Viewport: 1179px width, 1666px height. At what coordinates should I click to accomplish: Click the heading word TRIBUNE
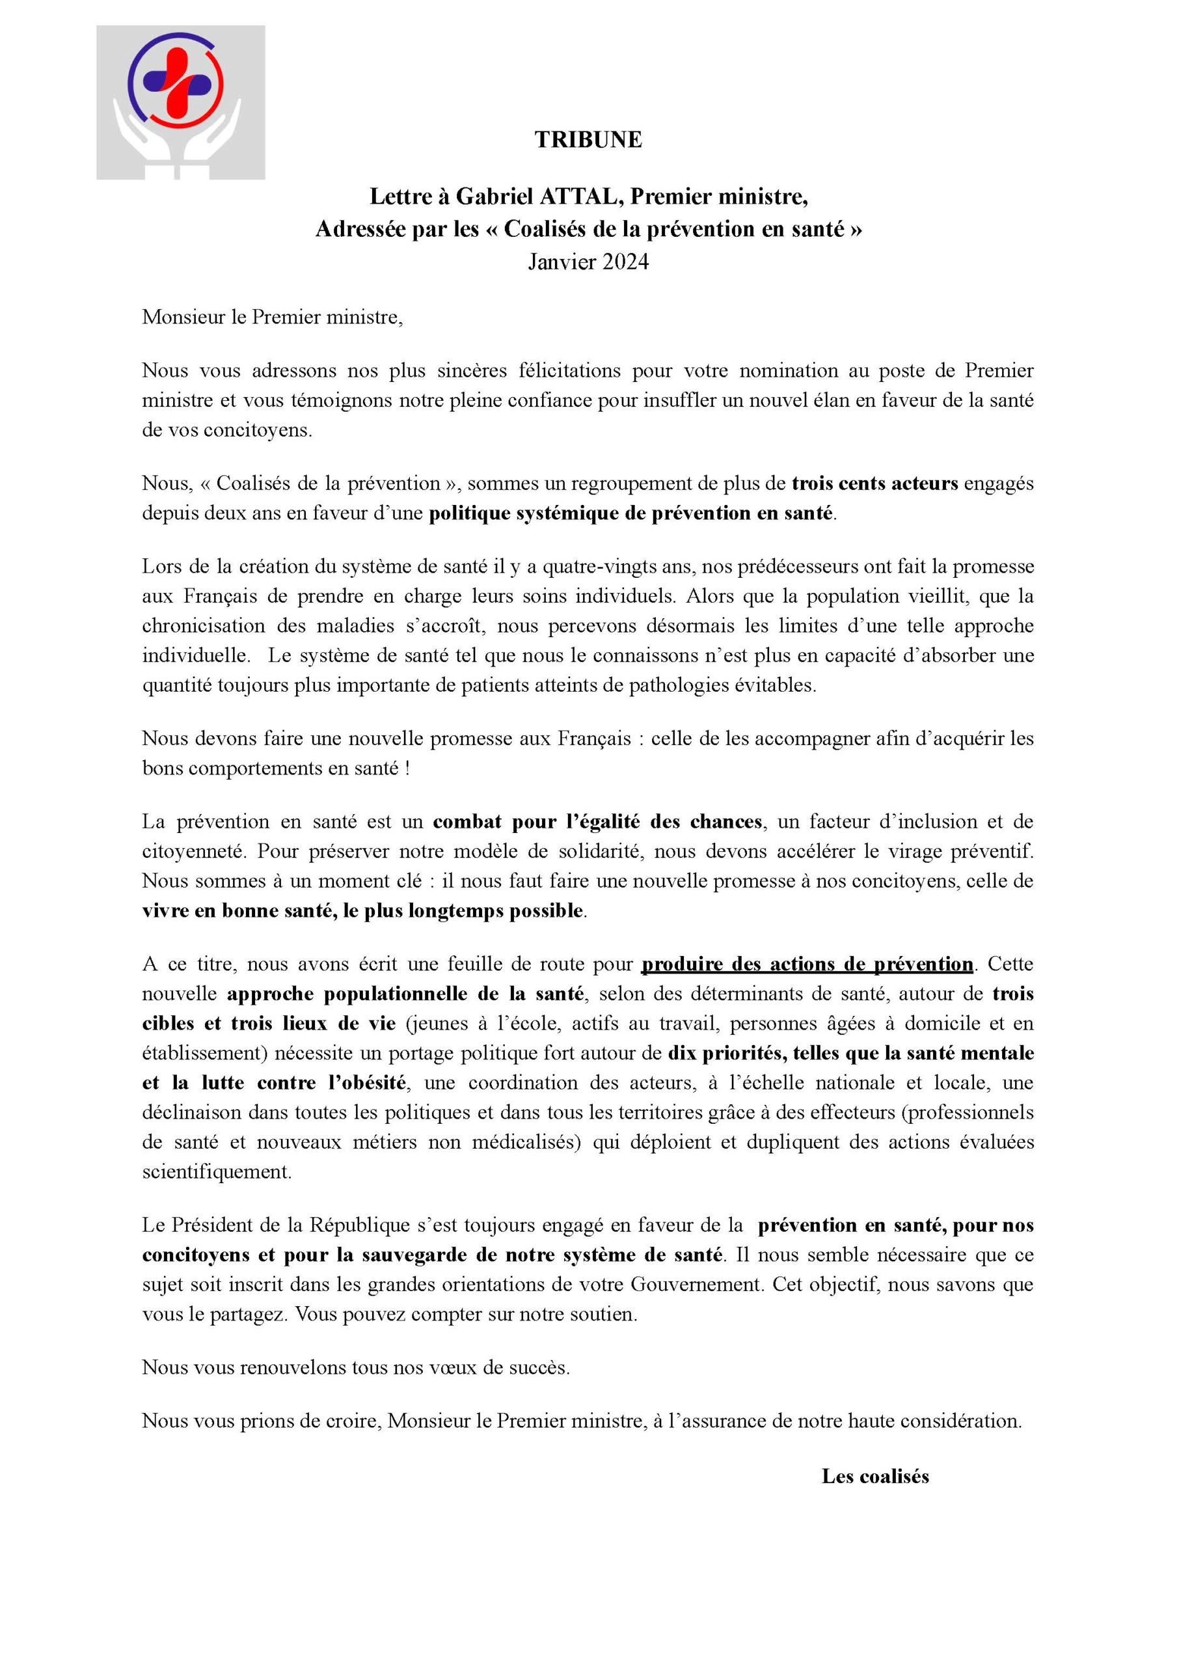pos(588,139)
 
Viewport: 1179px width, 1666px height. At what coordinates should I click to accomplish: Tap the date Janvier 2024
pos(588,262)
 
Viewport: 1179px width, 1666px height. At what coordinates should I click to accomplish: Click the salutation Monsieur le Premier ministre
pos(272,317)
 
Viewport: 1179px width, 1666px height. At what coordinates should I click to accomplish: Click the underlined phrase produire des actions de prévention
pos(807,964)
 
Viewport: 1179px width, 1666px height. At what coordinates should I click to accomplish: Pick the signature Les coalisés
pos(874,1476)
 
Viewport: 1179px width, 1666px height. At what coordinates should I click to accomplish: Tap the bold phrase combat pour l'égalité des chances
pos(597,822)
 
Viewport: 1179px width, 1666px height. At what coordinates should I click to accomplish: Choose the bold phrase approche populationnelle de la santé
pos(406,994)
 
